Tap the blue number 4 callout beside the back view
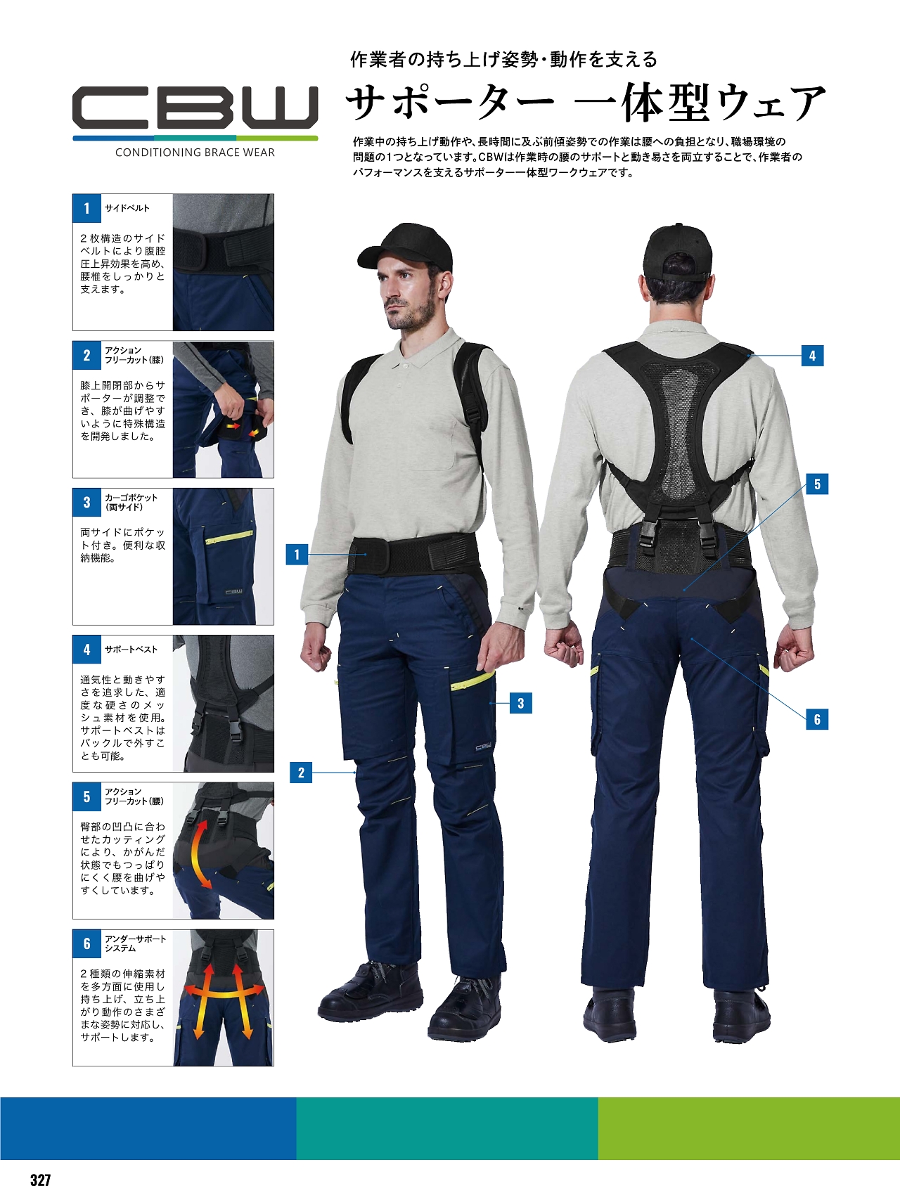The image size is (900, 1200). click(812, 356)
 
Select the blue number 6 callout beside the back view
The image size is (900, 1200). click(817, 719)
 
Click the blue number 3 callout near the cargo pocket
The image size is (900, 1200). click(521, 703)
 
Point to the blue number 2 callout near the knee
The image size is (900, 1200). click(301, 773)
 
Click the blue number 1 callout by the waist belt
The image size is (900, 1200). click(297, 555)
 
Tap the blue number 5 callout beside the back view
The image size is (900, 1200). click(817, 484)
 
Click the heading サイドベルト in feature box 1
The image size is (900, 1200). click(127, 208)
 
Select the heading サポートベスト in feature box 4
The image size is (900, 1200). click(131, 650)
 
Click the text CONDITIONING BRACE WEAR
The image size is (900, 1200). click(195, 153)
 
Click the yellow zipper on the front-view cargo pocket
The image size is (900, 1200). click(472, 680)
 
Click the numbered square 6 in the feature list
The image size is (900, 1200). click(87, 943)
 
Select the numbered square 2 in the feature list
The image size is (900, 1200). click(87, 355)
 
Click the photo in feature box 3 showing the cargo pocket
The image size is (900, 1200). click(223, 557)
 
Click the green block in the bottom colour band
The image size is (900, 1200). click(749, 1128)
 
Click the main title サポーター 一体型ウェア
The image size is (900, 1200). click(586, 103)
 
